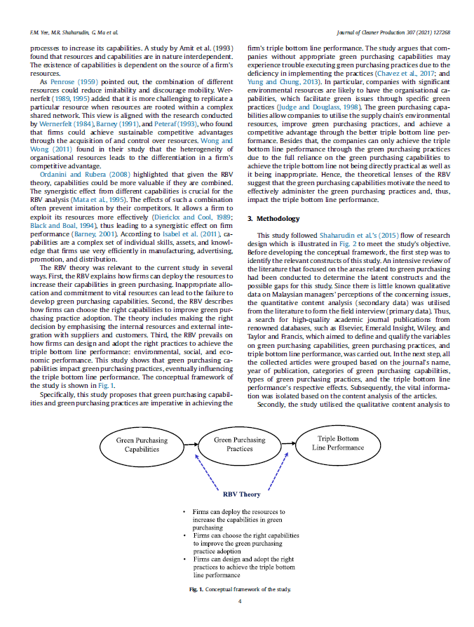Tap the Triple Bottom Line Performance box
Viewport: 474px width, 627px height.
coord(337,443)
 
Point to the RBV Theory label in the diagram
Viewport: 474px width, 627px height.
coord(241,494)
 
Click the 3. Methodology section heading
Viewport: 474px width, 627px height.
coord(273,219)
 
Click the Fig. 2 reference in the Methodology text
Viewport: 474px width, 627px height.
coord(378,243)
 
